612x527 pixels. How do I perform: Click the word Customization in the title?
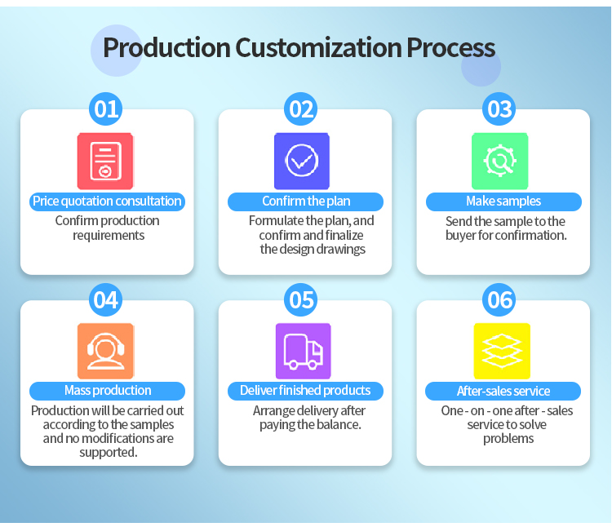[x=317, y=47]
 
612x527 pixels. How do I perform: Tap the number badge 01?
[x=107, y=108]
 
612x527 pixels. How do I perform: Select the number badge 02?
[x=302, y=108]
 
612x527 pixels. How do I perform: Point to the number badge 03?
[x=499, y=108]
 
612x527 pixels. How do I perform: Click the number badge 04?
[x=107, y=299]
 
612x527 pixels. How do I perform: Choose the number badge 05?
[x=302, y=299]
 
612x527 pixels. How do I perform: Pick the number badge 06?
[x=499, y=299]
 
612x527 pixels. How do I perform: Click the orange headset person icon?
[x=105, y=351]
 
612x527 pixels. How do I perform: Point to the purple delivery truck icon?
[x=303, y=351]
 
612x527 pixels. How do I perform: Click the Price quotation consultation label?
[x=107, y=201]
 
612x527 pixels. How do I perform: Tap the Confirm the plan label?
[x=305, y=201]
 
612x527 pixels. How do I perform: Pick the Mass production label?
[x=108, y=391]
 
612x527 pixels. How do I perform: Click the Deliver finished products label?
[x=305, y=391]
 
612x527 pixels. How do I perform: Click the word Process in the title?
[x=451, y=47]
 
